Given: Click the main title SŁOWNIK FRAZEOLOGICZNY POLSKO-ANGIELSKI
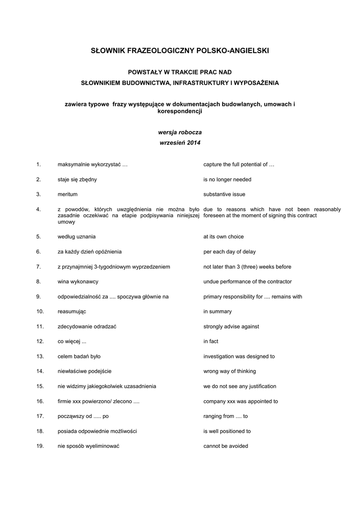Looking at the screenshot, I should point(180,51).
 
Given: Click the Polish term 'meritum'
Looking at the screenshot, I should point(67,194).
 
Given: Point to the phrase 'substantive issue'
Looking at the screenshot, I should point(224,194).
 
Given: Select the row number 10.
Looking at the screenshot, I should point(40,312).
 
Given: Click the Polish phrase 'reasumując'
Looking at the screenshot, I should point(72,312).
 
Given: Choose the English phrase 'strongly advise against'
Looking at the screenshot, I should point(231,327).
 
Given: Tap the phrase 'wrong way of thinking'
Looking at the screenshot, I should point(230,371).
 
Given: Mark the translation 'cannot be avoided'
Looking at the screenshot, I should point(226,446).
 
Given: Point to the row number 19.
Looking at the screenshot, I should point(40,446).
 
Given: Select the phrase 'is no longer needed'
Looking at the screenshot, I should point(227,179).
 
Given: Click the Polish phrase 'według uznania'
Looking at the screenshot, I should point(77,237).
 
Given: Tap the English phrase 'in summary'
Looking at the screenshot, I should point(217,312).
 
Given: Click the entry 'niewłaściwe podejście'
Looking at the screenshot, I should point(85,371).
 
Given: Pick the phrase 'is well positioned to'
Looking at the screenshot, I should point(227,431).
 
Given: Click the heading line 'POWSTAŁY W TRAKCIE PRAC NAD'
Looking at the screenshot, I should point(180,73).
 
